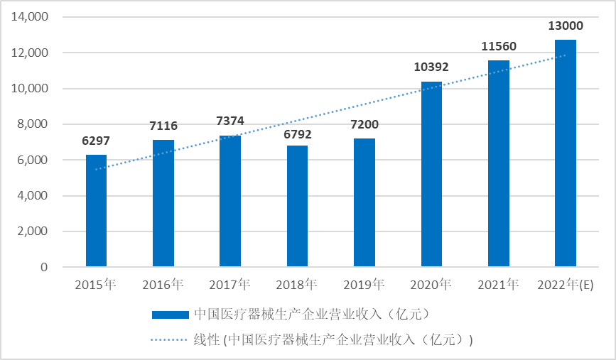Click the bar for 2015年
(x=96, y=211)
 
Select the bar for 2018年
(x=297, y=206)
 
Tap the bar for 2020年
(x=431, y=174)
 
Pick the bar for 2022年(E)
(x=566, y=153)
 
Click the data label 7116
(x=163, y=126)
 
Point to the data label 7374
(x=230, y=121)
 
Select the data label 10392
(x=431, y=67)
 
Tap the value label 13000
(x=566, y=26)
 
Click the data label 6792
(x=297, y=133)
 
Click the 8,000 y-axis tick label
(x=33, y=124)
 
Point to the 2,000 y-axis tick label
(x=33, y=231)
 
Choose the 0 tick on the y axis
(x=43, y=267)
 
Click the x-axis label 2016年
(x=163, y=285)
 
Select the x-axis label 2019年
(x=364, y=285)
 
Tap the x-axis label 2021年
(x=498, y=285)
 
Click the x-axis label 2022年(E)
(x=566, y=285)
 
